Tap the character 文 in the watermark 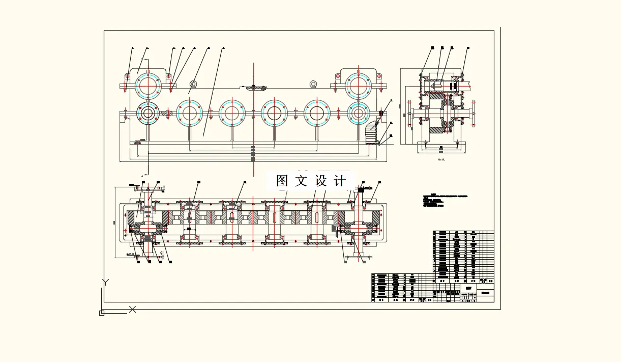(x=302, y=181)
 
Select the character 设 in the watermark (x=321, y=181)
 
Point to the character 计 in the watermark (x=340, y=181)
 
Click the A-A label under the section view (x=441, y=159)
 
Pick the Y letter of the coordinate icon (x=105, y=282)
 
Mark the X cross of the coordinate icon (x=132, y=309)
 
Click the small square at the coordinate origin (x=102, y=313)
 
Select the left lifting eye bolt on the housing (x=193, y=84)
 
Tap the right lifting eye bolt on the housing (x=313, y=84)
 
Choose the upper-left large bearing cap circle (x=148, y=85)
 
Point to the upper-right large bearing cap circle (x=359, y=85)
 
